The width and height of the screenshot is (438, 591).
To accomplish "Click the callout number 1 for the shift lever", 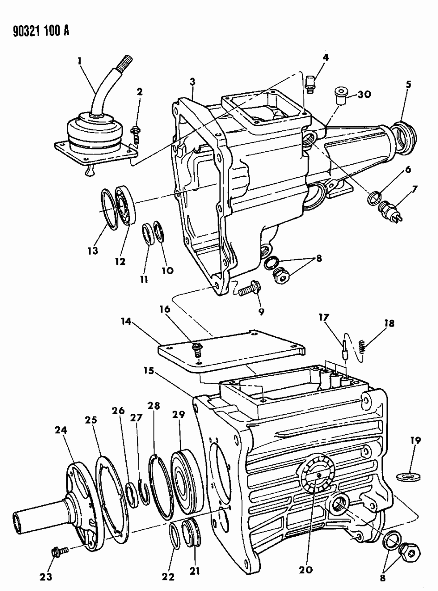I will click(80, 60).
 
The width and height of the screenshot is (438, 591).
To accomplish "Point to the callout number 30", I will click(364, 94).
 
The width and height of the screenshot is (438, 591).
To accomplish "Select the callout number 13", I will click(94, 251).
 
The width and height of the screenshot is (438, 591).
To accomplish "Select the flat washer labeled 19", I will click(407, 476).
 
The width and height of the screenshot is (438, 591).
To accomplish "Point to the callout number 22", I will click(168, 576).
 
